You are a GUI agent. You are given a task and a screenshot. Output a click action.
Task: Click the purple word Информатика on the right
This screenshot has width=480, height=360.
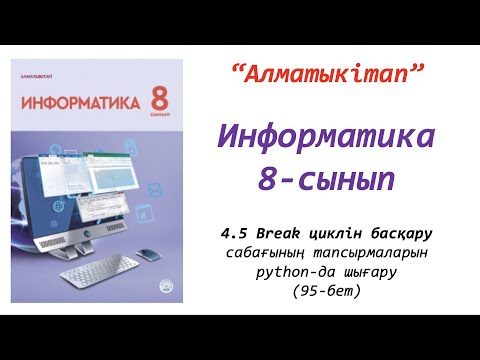click(x=327, y=134)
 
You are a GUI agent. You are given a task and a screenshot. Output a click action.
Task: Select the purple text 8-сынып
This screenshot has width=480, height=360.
click(x=327, y=179)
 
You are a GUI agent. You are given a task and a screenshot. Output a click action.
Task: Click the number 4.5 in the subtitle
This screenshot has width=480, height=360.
click(x=237, y=233)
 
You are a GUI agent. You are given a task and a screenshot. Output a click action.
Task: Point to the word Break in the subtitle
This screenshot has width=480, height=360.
click(x=276, y=233)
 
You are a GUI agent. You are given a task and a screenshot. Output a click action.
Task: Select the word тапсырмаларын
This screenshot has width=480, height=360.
click(x=364, y=253)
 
